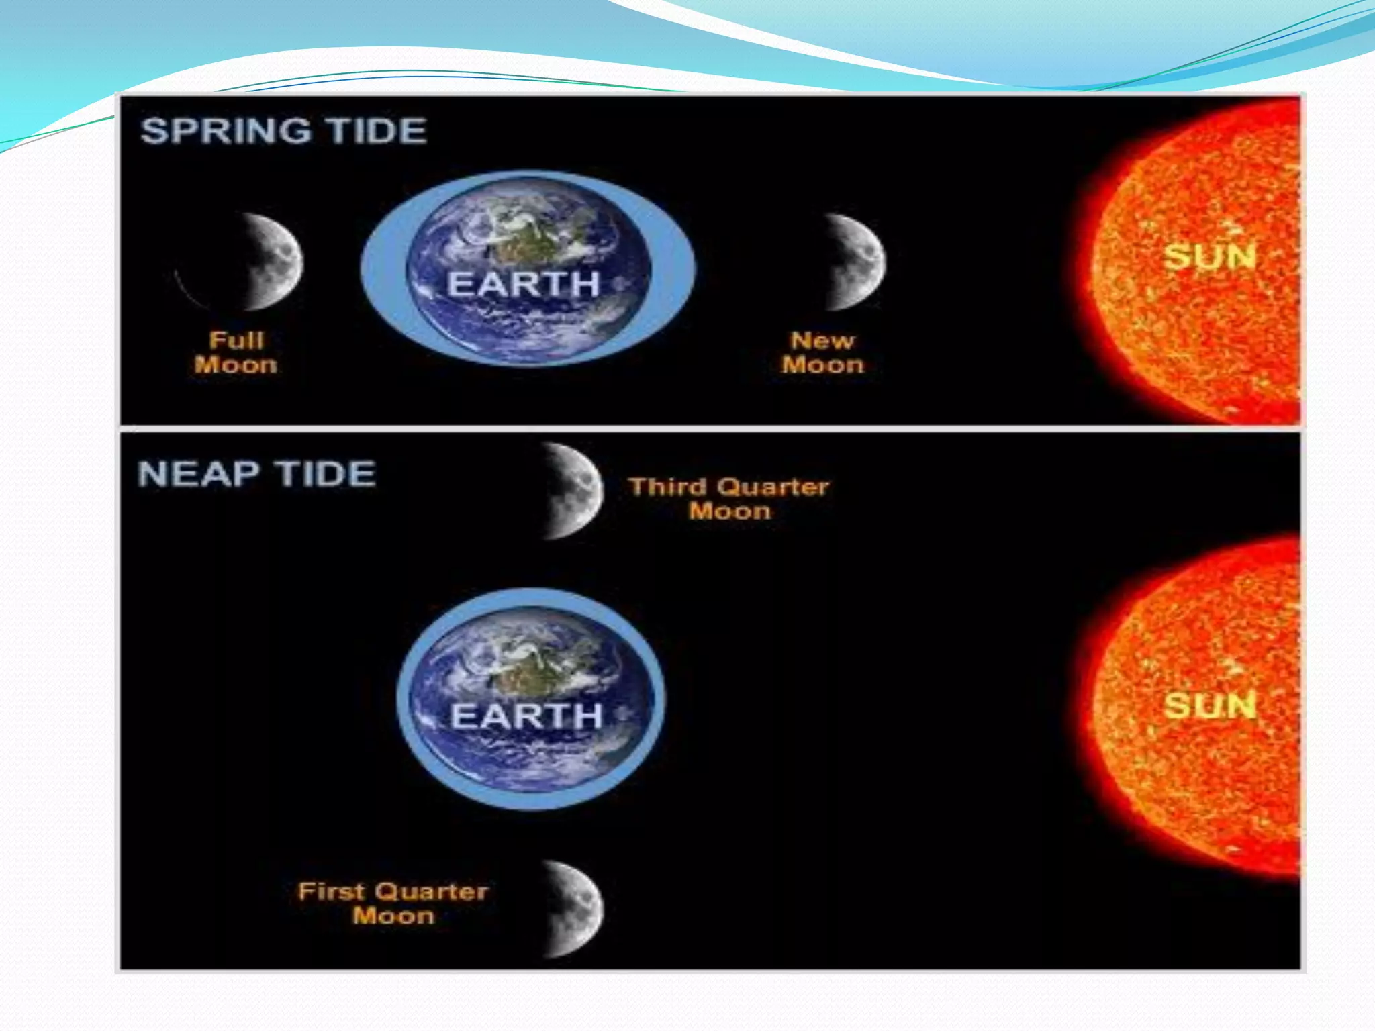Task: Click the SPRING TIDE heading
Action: click(x=284, y=131)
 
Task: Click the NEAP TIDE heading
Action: click(x=256, y=474)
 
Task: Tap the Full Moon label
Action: click(x=236, y=352)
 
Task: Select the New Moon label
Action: click(x=822, y=352)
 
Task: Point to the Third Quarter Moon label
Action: click(x=729, y=499)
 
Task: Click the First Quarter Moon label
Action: click(x=393, y=903)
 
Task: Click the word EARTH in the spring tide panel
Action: click(x=524, y=284)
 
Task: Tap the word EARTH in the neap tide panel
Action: click(x=526, y=716)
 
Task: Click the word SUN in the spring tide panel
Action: click(x=1209, y=257)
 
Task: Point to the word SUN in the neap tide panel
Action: click(x=1209, y=705)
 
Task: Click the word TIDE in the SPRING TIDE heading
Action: click(x=379, y=131)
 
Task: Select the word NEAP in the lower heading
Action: click(x=199, y=474)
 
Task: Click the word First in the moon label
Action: click(x=331, y=891)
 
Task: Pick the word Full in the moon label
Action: click(x=236, y=340)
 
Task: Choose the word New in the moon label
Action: click(x=822, y=340)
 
